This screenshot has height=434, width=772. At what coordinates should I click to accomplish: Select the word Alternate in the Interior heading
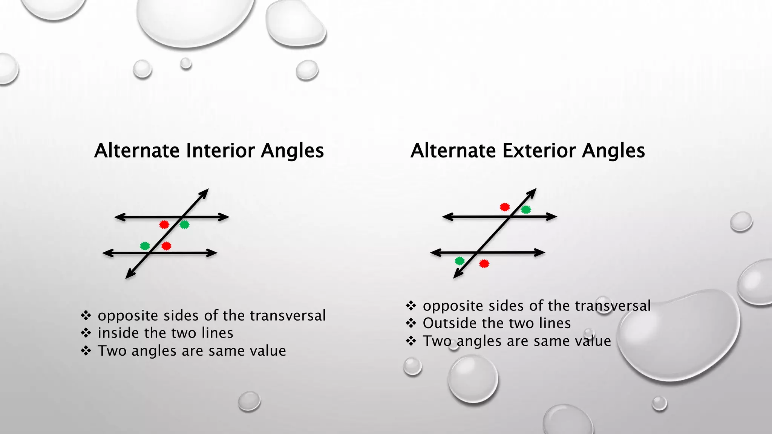click(137, 151)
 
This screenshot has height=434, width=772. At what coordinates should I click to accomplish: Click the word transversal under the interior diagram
click(288, 316)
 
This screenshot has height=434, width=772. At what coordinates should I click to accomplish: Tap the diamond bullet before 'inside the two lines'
click(86, 333)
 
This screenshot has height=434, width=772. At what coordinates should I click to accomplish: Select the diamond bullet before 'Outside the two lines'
click(411, 323)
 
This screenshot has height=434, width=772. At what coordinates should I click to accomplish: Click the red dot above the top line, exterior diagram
click(505, 207)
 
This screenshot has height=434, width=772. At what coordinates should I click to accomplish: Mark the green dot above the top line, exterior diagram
click(526, 209)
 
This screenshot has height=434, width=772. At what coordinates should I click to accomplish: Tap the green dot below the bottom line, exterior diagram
click(460, 261)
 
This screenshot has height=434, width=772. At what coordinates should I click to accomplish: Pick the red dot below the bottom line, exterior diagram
click(484, 264)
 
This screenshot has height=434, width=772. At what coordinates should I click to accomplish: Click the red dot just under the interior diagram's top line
click(164, 225)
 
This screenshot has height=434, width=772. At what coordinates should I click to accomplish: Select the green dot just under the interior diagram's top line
click(184, 225)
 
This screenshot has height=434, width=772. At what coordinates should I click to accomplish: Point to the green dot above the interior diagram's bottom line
click(145, 246)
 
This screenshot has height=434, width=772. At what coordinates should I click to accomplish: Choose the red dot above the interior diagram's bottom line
click(166, 246)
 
